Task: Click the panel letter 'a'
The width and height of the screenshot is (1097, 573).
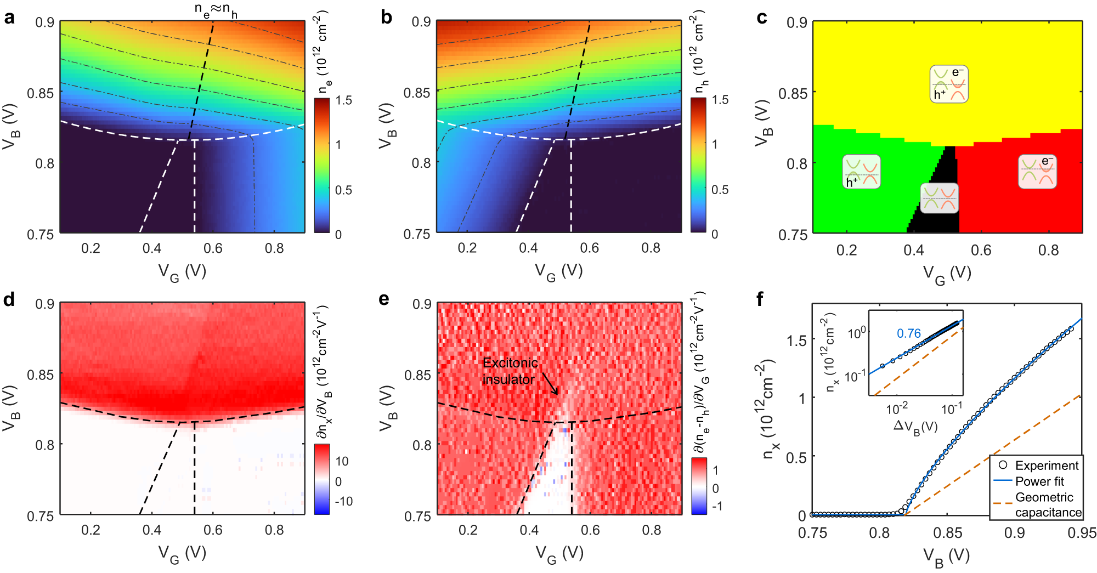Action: (x=9, y=18)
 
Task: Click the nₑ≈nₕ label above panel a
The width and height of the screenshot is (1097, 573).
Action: (x=216, y=9)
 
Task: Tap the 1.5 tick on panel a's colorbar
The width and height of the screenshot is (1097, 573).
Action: (x=344, y=100)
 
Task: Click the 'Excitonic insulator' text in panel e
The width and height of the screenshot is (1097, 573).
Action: (x=510, y=371)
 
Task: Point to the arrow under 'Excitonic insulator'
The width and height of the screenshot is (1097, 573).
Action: (x=550, y=384)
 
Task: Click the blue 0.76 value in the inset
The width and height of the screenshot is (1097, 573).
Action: (x=908, y=333)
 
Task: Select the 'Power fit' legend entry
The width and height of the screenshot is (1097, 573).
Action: (x=1039, y=481)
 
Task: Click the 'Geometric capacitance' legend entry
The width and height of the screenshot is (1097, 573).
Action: (x=1048, y=504)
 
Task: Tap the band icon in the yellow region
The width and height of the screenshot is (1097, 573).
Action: (x=948, y=84)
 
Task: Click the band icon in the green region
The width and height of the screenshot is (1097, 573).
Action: (x=861, y=172)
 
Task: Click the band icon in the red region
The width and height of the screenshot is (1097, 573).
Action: (x=1037, y=172)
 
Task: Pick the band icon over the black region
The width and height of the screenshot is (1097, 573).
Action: (x=939, y=198)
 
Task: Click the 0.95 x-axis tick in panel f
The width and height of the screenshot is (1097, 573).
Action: (x=1081, y=533)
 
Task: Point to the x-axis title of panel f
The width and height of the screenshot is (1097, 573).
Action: (x=946, y=557)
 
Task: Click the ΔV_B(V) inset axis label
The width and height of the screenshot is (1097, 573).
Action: (x=915, y=426)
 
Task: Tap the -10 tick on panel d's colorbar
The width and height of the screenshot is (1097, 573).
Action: (x=343, y=501)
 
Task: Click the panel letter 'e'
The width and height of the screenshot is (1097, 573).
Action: (x=384, y=299)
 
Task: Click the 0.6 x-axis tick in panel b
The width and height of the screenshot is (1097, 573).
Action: (x=590, y=248)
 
